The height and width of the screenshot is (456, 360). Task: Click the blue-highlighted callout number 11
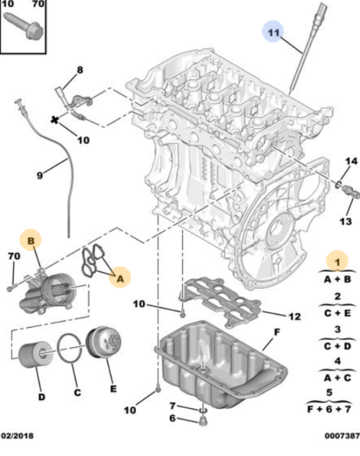pyautogui.click(x=272, y=32)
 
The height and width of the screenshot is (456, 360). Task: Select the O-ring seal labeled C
pyautogui.click(x=71, y=352)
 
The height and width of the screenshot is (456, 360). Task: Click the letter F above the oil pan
pyautogui.click(x=274, y=333)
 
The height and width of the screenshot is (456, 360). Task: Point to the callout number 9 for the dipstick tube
pyautogui.click(x=40, y=173)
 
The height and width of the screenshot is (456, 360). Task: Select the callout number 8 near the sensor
pyautogui.click(x=80, y=69)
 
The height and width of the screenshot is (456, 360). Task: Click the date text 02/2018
pyautogui.click(x=17, y=436)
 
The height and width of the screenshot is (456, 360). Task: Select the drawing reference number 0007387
pyautogui.click(x=340, y=436)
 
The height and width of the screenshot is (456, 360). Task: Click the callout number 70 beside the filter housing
pyautogui.click(x=13, y=255)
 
